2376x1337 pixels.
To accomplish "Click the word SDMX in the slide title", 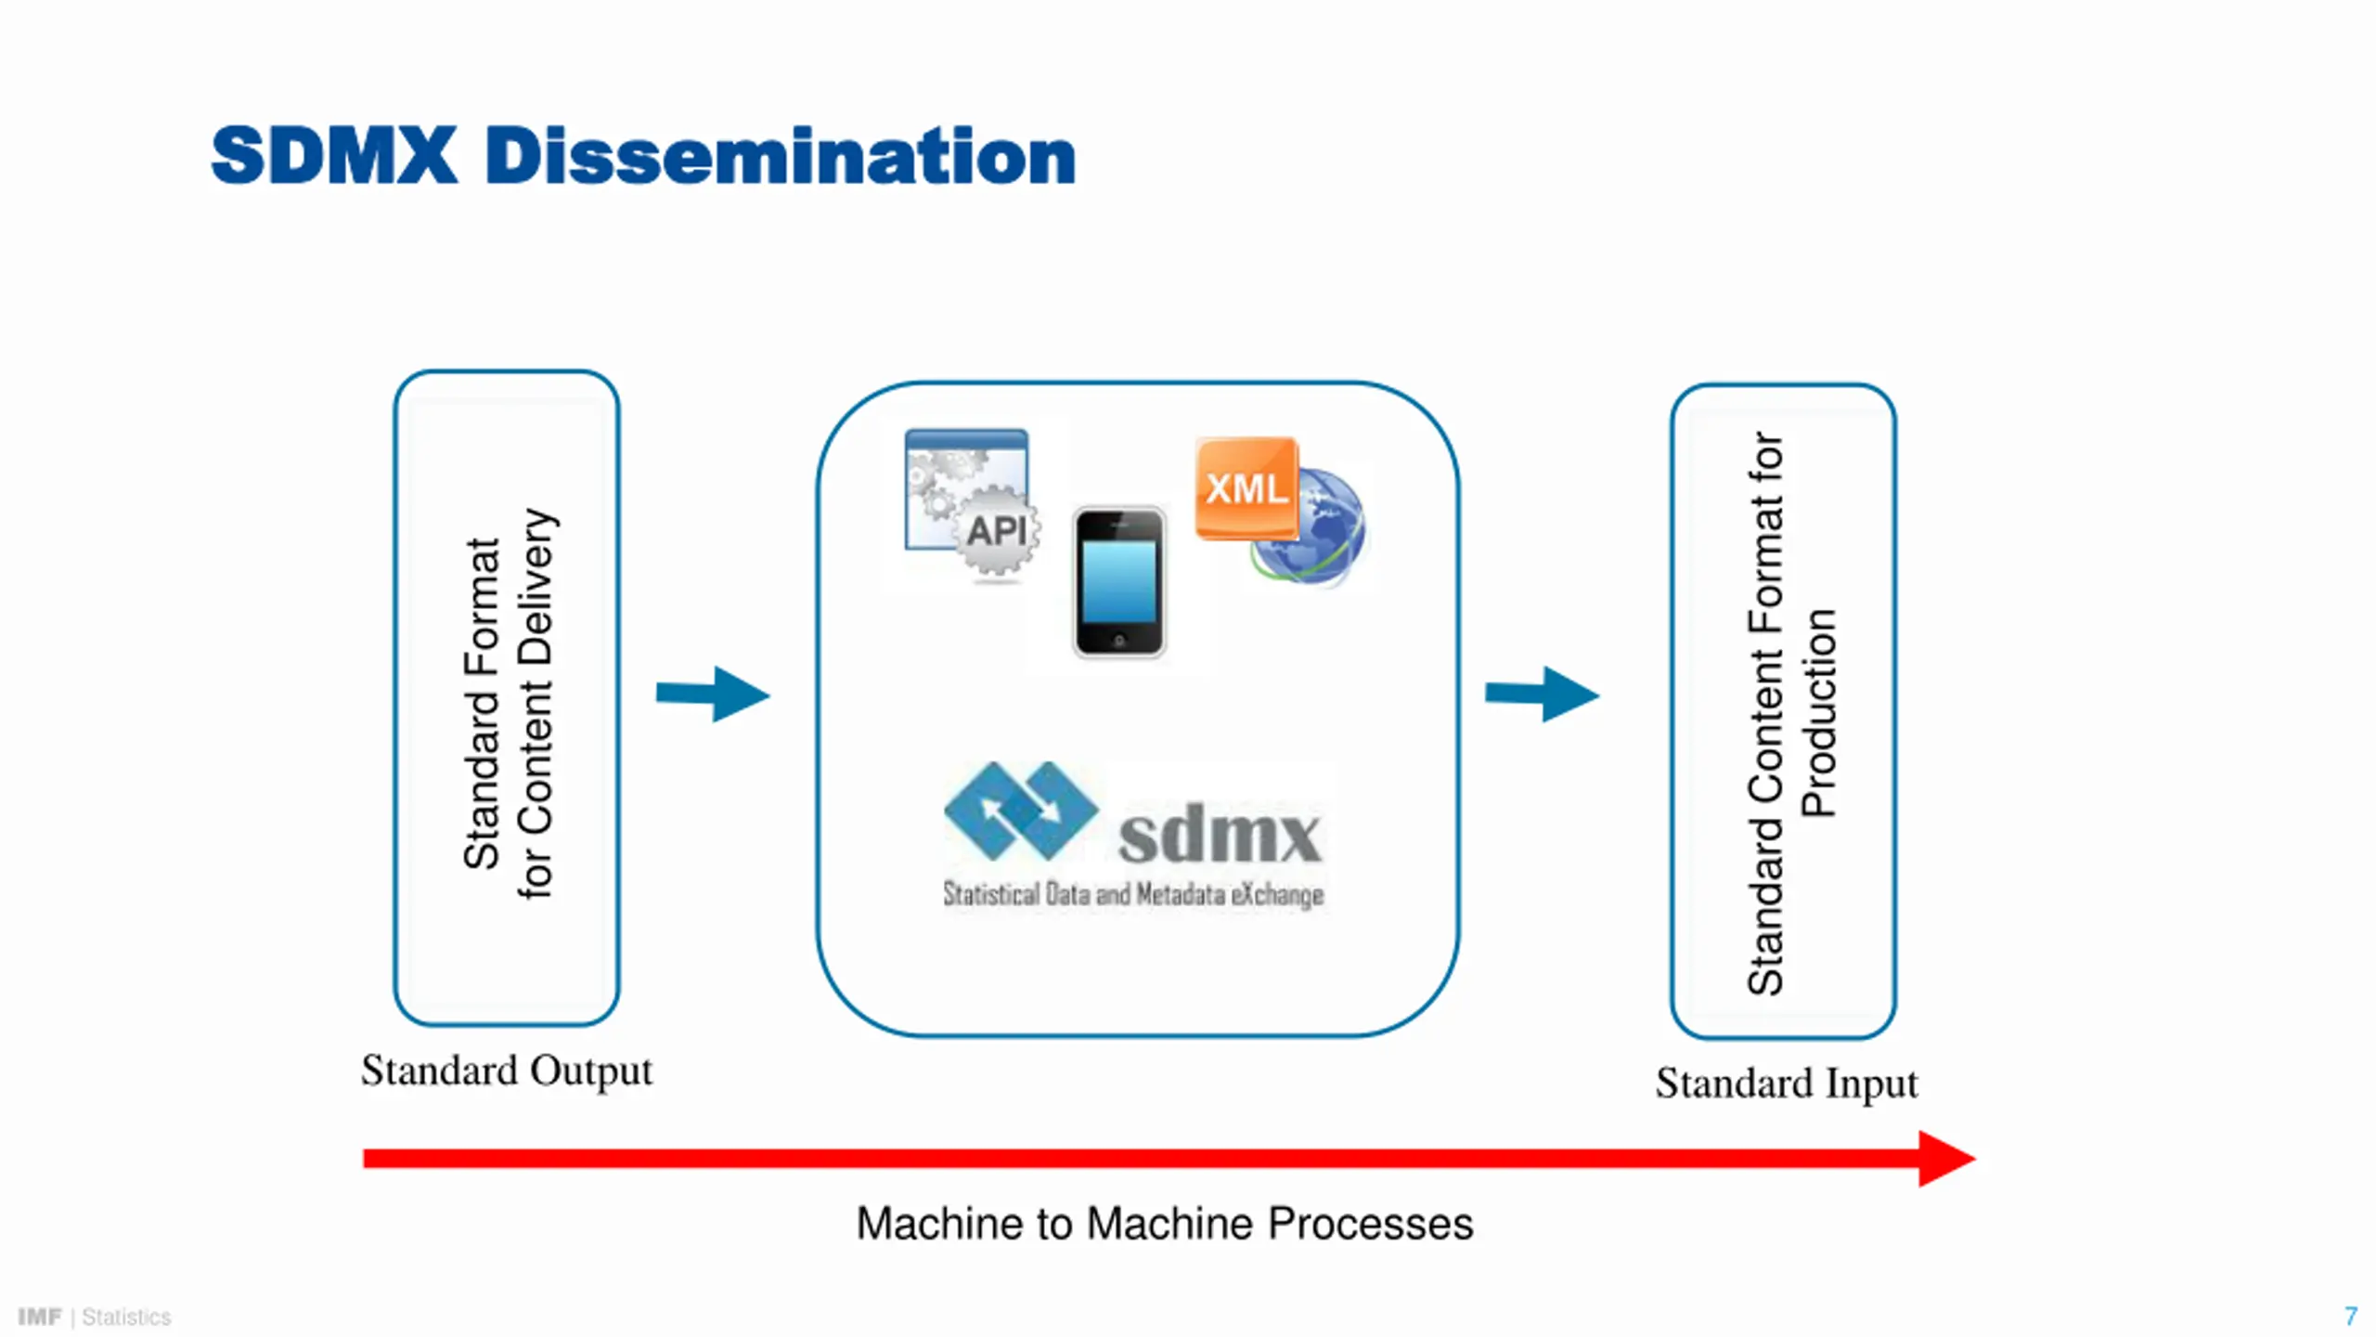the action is point(334,155).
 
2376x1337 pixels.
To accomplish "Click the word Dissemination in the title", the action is point(781,155).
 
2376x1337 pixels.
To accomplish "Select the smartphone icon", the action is point(1119,582).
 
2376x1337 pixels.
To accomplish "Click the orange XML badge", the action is point(1246,487).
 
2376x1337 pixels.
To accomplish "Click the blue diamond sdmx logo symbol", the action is point(1021,810).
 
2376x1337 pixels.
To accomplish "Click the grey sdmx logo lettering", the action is point(1220,836).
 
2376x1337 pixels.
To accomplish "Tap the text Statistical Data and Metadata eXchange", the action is point(1133,894).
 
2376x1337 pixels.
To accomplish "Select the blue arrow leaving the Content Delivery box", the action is point(713,694).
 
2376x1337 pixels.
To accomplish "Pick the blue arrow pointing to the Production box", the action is point(1543,694).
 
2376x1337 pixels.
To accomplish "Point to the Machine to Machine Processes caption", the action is point(1165,1224).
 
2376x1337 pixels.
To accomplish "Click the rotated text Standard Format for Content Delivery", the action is point(509,703).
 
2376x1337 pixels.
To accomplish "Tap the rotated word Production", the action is point(1818,713).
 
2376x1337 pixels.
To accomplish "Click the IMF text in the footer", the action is point(40,1317).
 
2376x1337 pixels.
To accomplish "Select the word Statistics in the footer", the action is point(126,1317).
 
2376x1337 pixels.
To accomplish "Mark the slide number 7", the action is point(2351,1316).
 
